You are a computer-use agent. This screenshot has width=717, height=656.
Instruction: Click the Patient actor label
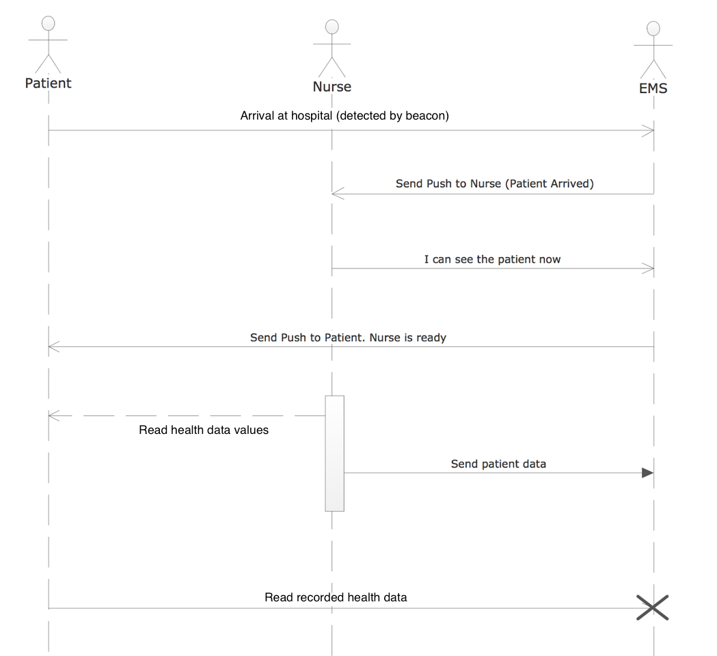click(48, 83)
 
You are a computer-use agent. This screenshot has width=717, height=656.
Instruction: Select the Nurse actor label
click(332, 86)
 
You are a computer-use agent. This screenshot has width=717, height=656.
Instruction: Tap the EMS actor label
click(653, 88)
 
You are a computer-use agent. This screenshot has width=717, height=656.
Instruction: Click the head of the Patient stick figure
click(48, 23)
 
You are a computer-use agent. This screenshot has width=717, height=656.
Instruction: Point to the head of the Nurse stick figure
click(332, 27)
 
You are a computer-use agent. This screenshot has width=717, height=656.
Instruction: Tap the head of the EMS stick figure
click(653, 28)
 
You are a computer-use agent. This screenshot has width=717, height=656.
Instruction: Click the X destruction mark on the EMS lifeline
click(653, 607)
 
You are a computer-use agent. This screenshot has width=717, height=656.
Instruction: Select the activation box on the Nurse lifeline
click(335, 453)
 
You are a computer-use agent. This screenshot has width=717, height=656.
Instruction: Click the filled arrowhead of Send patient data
click(647, 473)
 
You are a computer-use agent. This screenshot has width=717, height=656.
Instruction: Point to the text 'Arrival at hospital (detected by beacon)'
click(344, 115)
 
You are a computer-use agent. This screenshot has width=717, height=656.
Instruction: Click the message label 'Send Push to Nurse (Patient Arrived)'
click(495, 184)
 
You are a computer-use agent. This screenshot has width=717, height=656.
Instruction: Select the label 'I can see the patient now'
click(493, 259)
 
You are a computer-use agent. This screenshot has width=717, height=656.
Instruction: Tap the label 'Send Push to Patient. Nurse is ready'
click(348, 338)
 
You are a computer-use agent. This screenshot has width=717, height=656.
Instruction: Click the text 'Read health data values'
click(204, 430)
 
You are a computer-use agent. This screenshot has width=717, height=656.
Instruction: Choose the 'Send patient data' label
click(498, 464)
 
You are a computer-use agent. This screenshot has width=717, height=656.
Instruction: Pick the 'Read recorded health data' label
click(336, 597)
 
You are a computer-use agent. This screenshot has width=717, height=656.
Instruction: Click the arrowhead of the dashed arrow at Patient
click(54, 415)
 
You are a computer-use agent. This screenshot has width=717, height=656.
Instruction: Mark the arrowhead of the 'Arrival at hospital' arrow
click(648, 131)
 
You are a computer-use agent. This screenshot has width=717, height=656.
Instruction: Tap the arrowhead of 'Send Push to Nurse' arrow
click(338, 194)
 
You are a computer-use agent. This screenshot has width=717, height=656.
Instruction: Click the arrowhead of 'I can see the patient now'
click(648, 269)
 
